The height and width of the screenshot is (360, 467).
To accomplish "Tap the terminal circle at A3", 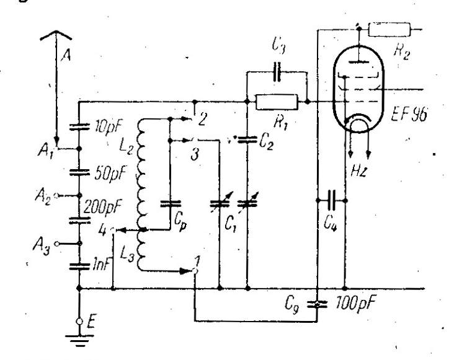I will (x=56, y=244).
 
